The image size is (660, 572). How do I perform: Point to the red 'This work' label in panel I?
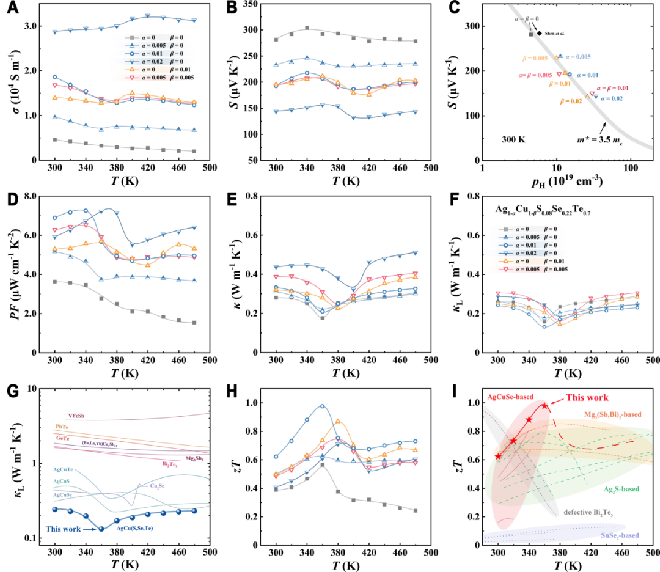click(587, 397)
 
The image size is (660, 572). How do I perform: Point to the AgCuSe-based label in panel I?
click(511, 396)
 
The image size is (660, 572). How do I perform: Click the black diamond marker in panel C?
click(539, 33)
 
